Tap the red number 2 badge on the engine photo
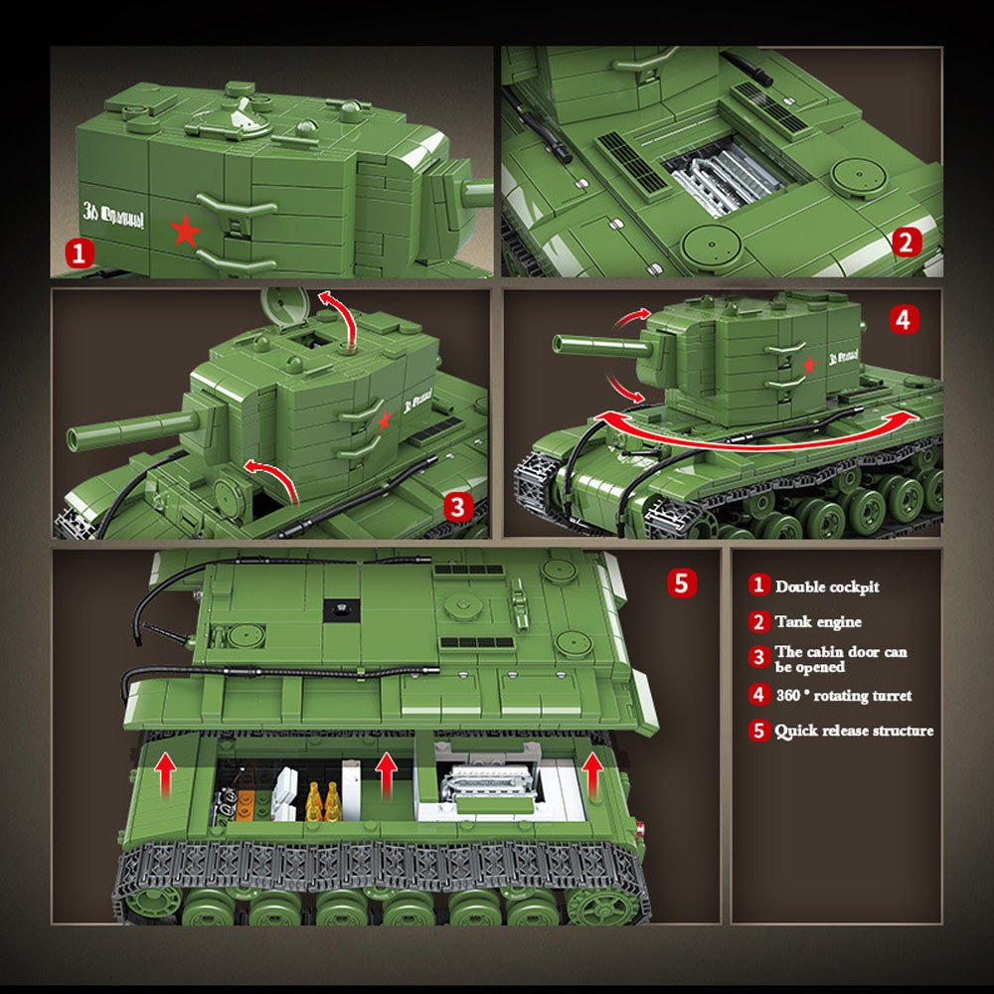[x=906, y=243]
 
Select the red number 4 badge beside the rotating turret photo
[x=902, y=319]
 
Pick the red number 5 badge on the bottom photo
[x=680, y=583]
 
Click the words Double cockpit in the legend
[x=827, y=586]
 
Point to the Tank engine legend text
[x=819, y=622]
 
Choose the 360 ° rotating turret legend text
[x=843, y=695]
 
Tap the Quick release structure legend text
[x=854, y=731]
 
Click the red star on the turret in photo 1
[x=186, y=232]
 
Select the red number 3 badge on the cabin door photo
[x=457, y=506]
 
